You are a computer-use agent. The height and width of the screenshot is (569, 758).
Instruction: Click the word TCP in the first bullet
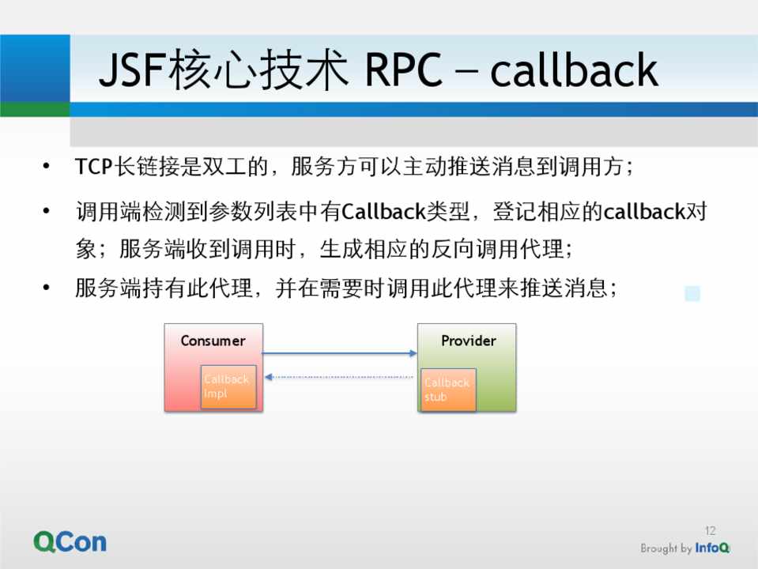click(94, 167)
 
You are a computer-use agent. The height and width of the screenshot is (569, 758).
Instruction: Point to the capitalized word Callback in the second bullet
click(383, 211)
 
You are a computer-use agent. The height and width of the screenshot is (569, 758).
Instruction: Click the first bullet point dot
click(46, 167)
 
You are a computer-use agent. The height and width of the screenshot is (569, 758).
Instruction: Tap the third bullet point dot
click(46, 288)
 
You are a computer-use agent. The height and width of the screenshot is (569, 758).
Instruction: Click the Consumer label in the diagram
click(213, 341)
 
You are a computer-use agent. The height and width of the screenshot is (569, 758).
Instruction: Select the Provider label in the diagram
click(469, 341)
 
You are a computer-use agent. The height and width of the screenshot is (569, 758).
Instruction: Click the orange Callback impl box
click(228, 386)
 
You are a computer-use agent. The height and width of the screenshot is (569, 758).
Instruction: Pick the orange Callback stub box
click(448, 390)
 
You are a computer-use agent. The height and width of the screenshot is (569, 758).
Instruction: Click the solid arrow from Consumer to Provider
click(339, 353)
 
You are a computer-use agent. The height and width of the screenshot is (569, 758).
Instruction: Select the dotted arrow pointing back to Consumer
click(339, 377)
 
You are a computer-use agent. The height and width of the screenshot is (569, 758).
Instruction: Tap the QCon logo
click(70, 542)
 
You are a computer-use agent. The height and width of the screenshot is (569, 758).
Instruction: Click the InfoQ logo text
click(712, 548)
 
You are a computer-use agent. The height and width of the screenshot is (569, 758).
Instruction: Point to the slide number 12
click(710, 531)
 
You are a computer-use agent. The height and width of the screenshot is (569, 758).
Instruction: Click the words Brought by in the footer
click(666, 548)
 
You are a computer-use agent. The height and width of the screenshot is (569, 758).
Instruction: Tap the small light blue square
click(692, 293)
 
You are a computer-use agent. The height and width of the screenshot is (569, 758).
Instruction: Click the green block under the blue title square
click(35, 109)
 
